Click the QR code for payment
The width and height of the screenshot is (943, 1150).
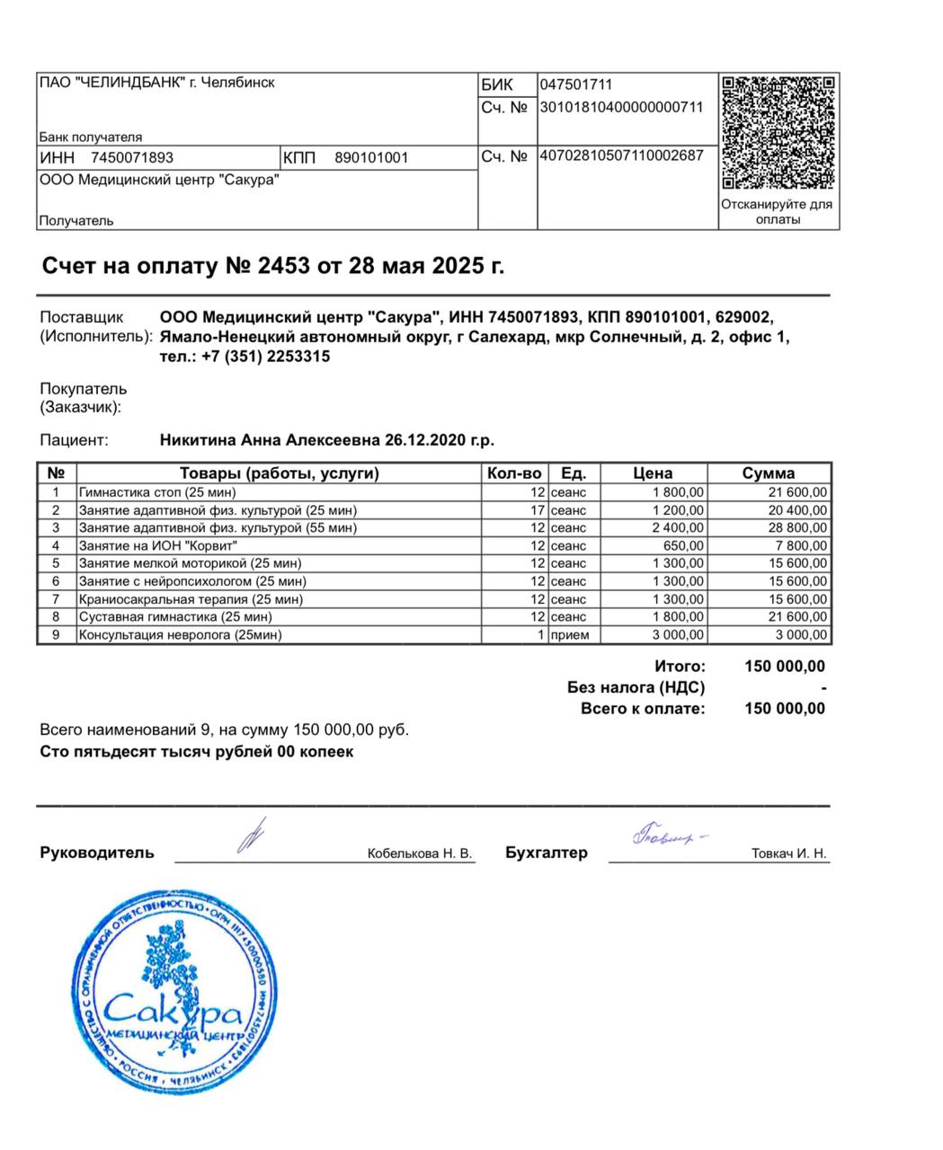778,132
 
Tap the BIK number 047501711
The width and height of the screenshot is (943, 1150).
576,85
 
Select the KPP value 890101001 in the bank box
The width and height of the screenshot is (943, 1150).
371,158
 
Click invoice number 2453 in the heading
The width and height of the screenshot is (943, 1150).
283,266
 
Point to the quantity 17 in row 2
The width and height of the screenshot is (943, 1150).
538,510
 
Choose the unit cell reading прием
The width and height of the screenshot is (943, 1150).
570,635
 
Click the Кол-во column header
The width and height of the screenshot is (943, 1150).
514,473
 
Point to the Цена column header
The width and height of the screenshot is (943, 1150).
653,473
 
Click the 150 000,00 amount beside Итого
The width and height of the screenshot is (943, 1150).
785,667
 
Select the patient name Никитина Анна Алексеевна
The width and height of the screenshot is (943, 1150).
271,440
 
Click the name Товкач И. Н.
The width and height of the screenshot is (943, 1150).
788,854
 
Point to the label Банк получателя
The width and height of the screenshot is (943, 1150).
91,137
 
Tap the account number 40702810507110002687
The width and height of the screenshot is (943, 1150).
621,155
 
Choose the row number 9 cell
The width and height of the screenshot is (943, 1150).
56,635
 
